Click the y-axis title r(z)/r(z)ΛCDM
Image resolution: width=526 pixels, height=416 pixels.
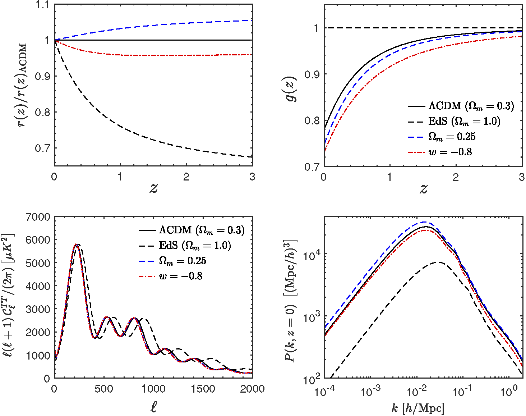23,86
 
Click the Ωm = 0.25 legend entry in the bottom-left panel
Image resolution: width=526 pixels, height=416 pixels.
182,261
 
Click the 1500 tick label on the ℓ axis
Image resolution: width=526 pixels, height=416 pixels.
203,389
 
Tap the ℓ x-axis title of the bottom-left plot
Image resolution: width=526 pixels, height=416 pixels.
153,407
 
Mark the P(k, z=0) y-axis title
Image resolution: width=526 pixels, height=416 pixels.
291,300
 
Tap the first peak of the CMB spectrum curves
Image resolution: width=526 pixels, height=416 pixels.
77,244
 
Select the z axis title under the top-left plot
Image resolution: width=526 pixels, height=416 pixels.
153,188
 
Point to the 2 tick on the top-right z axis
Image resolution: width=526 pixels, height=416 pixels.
456,177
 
